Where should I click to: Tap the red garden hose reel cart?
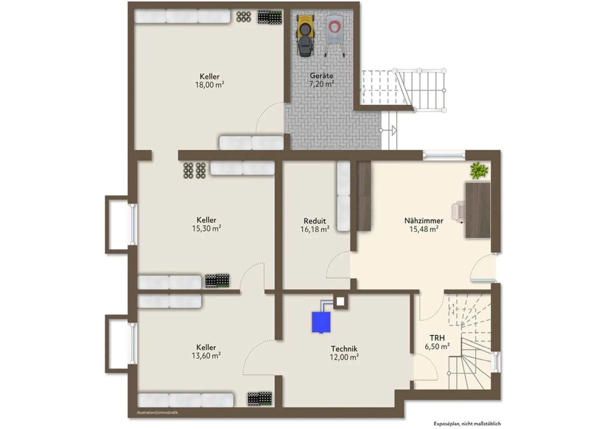tap(334, 35)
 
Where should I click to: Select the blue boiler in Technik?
tap(321, 322)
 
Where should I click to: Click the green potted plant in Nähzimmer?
tap(479, 171)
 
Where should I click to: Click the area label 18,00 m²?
tap(210, 85)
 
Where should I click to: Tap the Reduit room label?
tap(315, 221)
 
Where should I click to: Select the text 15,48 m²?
tap(424, 229)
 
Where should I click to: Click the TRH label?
tap(437, 338)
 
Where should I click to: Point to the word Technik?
tap(344, 349)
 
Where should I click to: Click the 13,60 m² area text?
tap(206, 356)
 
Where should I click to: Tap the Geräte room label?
tap(321, 76)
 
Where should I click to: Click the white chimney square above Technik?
tap(340, 302)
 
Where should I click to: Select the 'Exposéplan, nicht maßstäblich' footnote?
tap(467, 423)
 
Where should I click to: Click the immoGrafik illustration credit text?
tap(157, 412)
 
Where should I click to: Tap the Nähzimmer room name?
tap(424, 221)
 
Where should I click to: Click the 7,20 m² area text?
tap(322, 84)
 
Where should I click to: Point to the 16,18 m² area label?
tap(315, 229)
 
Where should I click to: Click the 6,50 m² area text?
tap(437, 346)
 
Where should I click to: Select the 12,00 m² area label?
tap(344, 357)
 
